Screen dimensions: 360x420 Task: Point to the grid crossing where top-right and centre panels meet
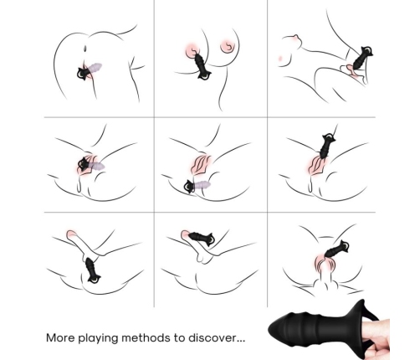tap(266, 117)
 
